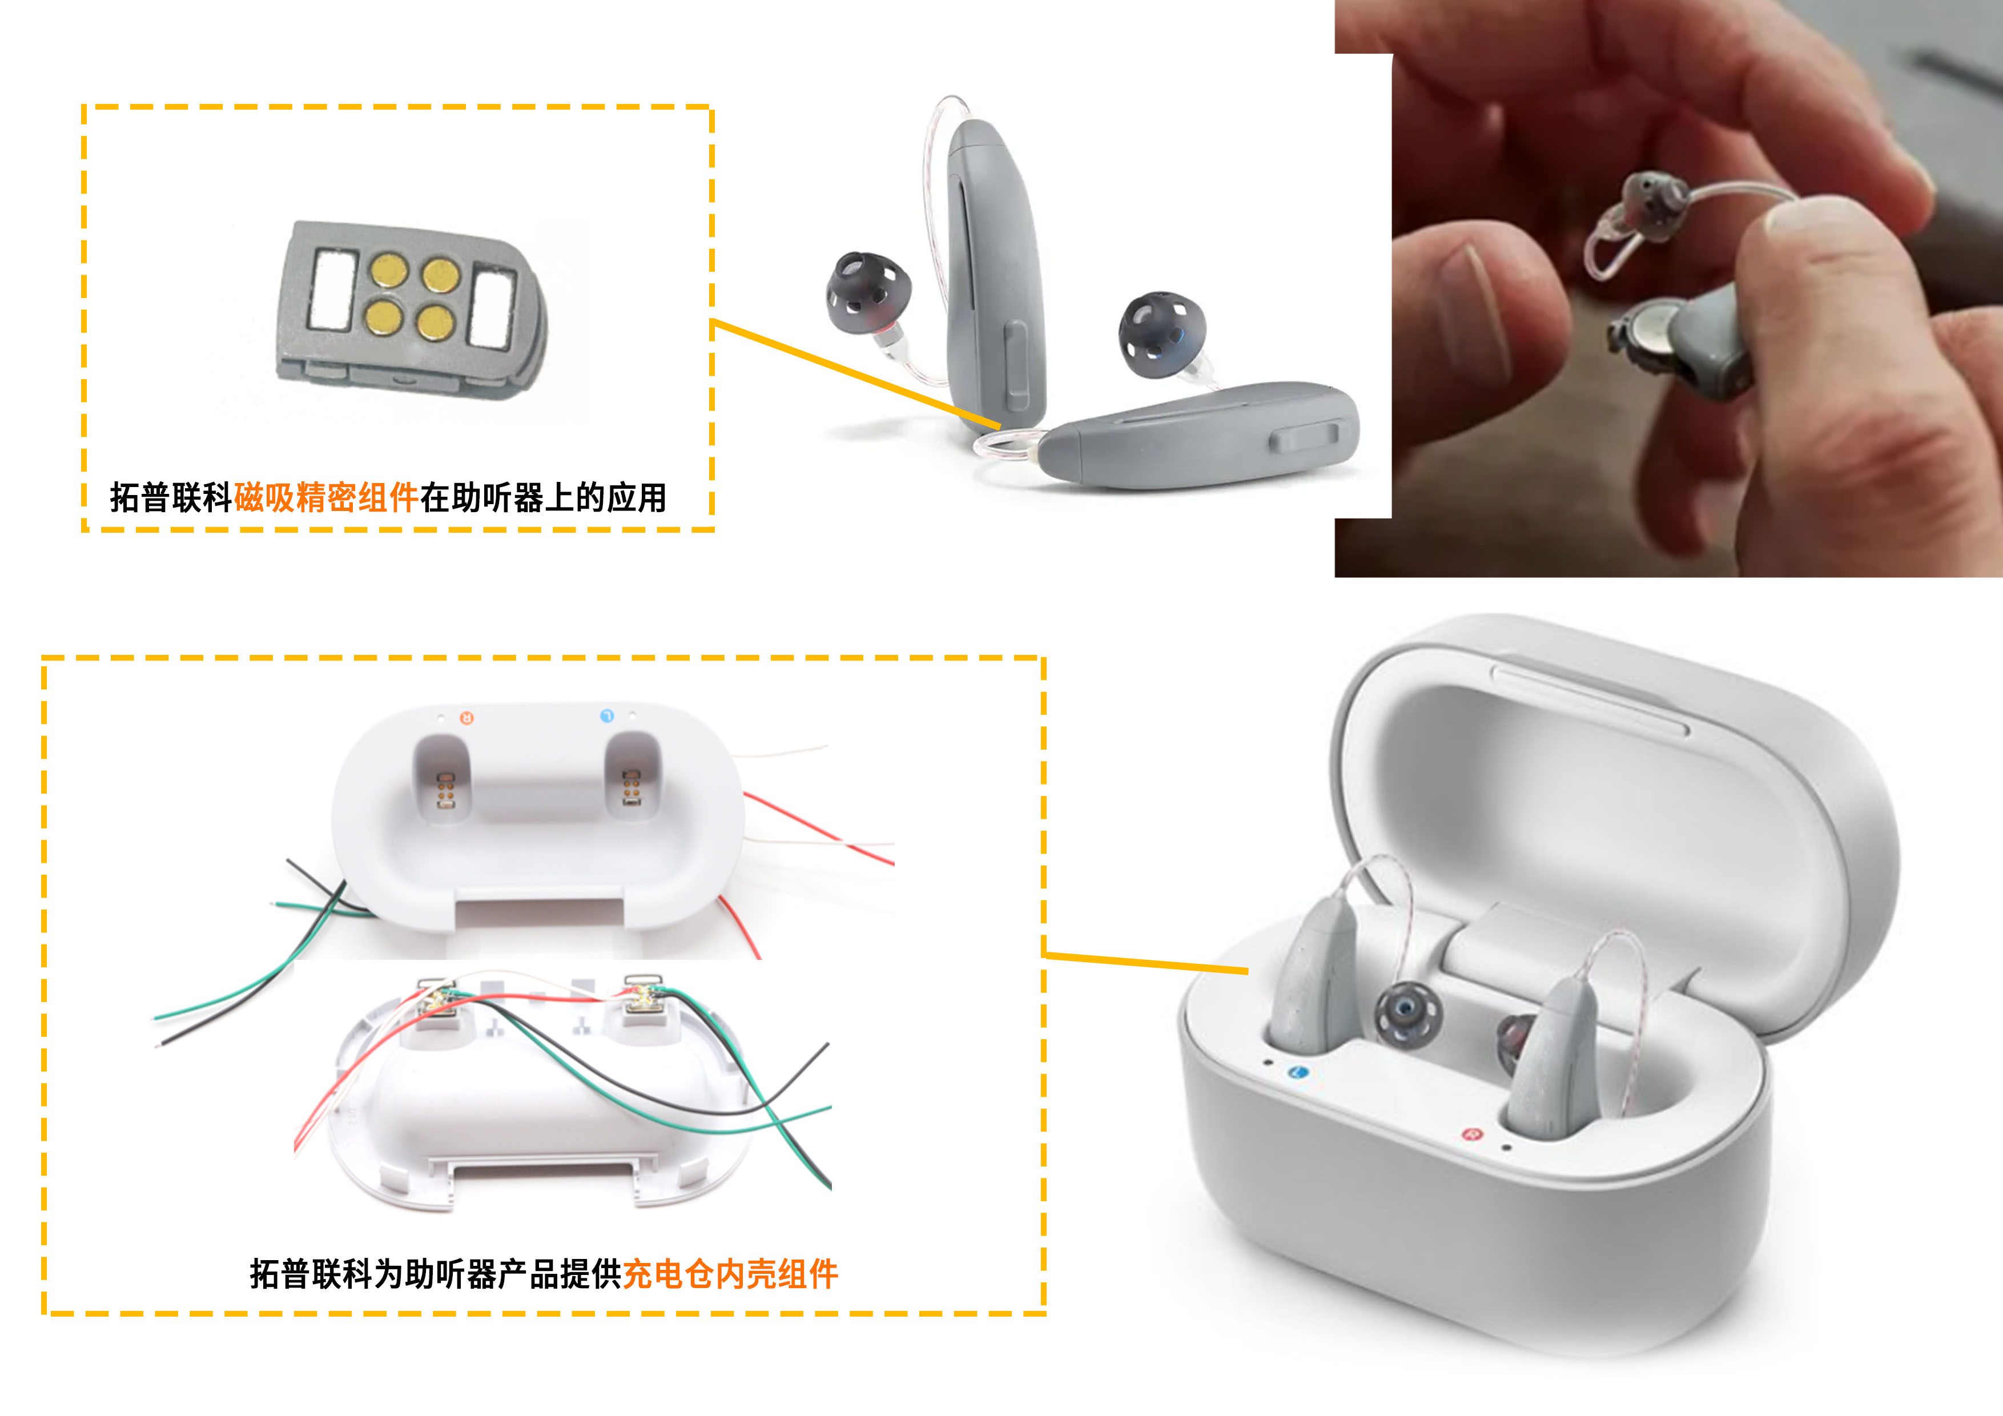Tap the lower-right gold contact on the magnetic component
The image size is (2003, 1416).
point(435,323)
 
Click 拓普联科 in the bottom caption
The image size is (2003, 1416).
point(311,1274)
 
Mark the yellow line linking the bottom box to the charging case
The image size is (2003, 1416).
point(1147,962)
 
